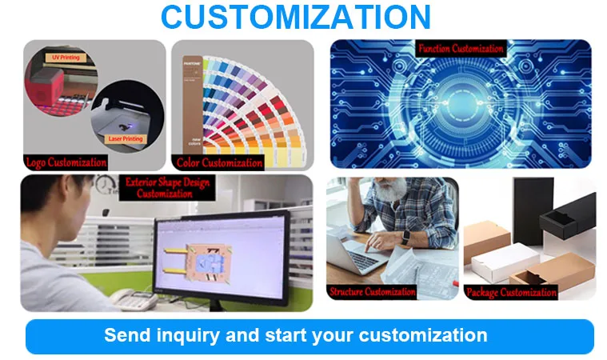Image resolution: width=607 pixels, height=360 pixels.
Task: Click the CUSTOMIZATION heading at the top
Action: (x=296, y=17)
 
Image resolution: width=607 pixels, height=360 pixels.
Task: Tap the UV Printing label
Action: (x=66, y=58)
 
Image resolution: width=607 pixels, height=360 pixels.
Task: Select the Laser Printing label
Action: (x=126, y=138)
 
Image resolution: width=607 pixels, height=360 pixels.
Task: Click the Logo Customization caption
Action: (x=66, y=162)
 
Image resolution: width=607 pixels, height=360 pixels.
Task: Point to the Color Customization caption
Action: (x=219, y=163)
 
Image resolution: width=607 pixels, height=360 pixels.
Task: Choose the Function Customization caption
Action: (x=461, y=49)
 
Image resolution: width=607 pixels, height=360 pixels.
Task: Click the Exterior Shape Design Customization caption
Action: (x=167, y=188)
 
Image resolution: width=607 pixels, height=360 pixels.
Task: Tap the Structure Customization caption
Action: (x=372, y=291)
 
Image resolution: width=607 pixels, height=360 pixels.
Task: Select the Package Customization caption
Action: (x=511, y=292)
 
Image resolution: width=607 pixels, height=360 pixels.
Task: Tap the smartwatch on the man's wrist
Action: (x=405, y=237)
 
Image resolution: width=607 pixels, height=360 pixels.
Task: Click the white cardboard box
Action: (x=505, y=262)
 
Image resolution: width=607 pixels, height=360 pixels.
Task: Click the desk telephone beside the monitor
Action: (x=134, y=299)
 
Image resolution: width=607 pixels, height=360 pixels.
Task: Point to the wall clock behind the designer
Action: (x=106, y=186)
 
